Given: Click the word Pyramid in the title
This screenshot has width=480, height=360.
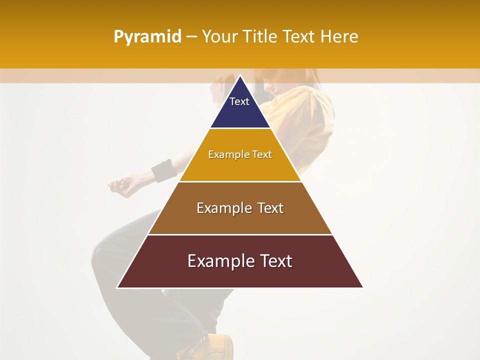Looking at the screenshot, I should (x=147, y=37).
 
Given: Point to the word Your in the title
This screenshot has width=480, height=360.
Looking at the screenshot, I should (x=220, y=37).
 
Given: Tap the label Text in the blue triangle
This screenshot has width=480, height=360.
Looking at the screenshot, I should (x=239, y=101).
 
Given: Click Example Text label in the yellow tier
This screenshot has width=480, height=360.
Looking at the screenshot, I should (x=240, y=154).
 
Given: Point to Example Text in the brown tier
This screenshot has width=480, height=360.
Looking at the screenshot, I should (x=240, y=208).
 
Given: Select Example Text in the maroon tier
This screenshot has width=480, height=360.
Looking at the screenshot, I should (x=240, y=261).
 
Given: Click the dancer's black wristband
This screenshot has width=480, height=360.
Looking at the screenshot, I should (x=164, y=171).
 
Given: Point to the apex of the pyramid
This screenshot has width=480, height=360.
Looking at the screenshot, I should (x=240, y=76).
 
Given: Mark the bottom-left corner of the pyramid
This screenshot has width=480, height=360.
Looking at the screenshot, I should (x=117, y=287).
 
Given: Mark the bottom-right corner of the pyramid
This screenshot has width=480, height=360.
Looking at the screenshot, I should (x=362, y=287).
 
